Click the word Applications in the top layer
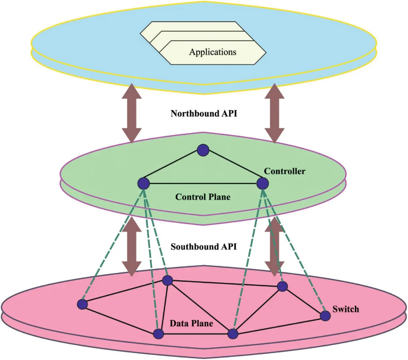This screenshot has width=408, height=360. (212, 52)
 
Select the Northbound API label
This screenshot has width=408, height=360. (204, 114)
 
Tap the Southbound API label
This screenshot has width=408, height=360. (204, 247)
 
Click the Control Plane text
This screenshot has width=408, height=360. (203, 197)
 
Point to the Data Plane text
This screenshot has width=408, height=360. (191, 323)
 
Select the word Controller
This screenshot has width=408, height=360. (285, 171)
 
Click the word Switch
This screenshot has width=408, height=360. (346, 309)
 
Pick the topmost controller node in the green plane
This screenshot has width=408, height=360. (203, 150)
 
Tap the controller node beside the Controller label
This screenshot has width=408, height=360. (262, 183)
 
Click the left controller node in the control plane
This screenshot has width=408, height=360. (144, 183)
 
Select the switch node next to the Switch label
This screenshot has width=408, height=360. (325, 316)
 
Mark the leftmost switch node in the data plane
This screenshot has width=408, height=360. (83, 305)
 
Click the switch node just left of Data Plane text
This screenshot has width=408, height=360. (159, 334)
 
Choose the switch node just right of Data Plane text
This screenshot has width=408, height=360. (233, 334)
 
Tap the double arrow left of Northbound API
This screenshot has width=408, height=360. (132, 113)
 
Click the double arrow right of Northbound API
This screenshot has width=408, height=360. (275, 113)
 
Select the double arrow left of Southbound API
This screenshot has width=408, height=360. (132, 247)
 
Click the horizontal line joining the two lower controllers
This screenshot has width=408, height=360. (203, 183)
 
